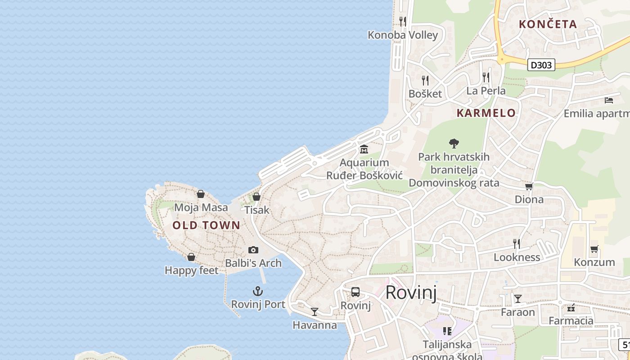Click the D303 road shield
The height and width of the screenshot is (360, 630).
(541, 65)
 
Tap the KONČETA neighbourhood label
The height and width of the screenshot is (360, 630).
(548, 24)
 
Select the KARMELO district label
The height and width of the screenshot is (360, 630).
(486, 113)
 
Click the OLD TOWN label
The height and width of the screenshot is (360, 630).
(207, 225)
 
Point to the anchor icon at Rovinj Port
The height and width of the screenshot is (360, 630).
(258, 291)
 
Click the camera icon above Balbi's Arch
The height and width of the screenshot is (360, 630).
(253, 250)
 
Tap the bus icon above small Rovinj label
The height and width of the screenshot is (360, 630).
(355, 292)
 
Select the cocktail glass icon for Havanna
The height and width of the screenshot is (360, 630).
(315, 311)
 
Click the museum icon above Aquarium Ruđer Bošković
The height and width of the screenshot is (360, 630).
(364, 149)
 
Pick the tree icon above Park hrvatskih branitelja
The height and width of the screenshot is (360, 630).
(454, 144)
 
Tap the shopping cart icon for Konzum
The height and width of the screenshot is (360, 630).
(594, 249)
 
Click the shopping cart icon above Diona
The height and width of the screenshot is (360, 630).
(529, 186)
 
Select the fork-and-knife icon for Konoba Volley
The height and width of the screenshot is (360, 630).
(403, 21)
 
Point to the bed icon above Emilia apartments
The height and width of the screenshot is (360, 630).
(609, 100)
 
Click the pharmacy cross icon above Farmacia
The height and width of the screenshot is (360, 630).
(571, 308)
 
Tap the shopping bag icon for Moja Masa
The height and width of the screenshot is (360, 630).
(201, 194)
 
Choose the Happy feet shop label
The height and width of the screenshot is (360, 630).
(191, 270)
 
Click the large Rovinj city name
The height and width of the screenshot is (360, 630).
(411, 292)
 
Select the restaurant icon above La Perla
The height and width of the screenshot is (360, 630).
(486, 77)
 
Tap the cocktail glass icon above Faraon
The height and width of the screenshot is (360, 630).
(518, 298)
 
